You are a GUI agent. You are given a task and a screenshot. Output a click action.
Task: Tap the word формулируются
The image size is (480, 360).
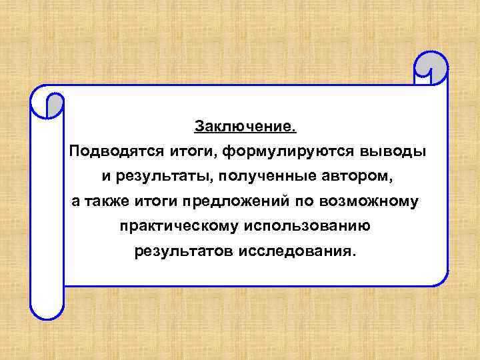point(289,151)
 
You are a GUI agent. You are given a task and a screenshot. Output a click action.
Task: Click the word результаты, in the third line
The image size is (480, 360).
point(155,177)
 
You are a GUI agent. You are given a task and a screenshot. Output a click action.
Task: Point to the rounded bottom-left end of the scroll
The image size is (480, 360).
point(47,307)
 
